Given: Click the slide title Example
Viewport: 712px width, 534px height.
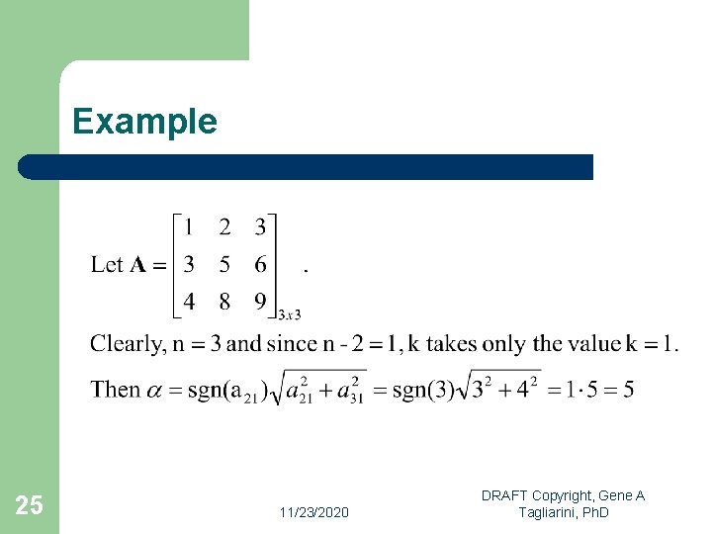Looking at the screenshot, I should point(144,122).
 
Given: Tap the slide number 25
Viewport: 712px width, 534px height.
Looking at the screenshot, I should point(30,506).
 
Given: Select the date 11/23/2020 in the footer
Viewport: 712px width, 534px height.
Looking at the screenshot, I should point(313,512).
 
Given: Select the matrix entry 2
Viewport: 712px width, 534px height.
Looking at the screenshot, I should point(224,227).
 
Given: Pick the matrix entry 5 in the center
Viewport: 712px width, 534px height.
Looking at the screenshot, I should point(224,264).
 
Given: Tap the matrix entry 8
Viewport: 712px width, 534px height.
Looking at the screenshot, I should point(224,301).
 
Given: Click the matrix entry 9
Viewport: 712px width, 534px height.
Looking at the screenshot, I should point(260,301).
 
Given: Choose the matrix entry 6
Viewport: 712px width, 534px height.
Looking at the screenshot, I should point(260,264).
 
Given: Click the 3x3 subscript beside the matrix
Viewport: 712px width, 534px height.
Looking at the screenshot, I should point(290,314).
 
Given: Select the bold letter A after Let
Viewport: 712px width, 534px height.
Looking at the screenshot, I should point(138,264).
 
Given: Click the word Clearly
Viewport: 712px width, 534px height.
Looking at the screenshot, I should point(127,344).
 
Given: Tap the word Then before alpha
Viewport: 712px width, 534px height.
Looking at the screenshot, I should point(115,389).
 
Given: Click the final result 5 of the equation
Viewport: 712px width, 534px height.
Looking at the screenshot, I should point(627,389).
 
